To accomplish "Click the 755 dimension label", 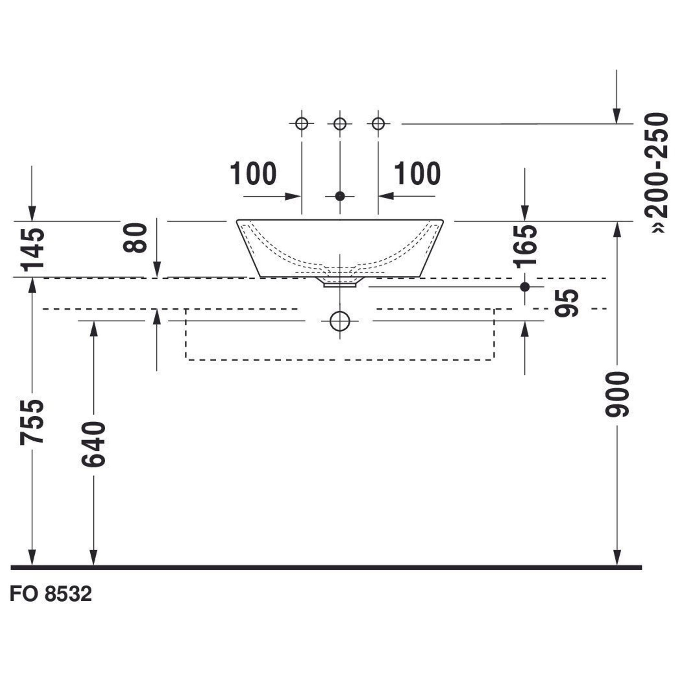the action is point(32,421).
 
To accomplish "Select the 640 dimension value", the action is point(93,444).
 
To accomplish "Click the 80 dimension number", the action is point(135,238).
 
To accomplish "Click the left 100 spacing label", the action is point(253,173).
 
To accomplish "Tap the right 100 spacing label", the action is point(417,173).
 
